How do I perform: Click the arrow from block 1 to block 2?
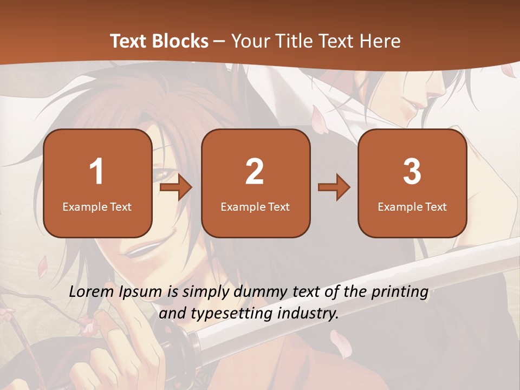pyautogui.click(x=177, y=187)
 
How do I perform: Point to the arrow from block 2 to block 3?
pyautogui.click(x=334, y=187)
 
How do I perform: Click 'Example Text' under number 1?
pyautogui.click(x=97, y=206)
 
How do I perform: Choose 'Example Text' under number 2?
pyautogui.click(x=255, y=206)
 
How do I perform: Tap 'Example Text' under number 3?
pyautogui.click(x=412, y=206)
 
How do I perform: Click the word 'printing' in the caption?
pyautogui.click(x=400, y=292)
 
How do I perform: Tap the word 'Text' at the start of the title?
pyautogui.click(x=129, y=41)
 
